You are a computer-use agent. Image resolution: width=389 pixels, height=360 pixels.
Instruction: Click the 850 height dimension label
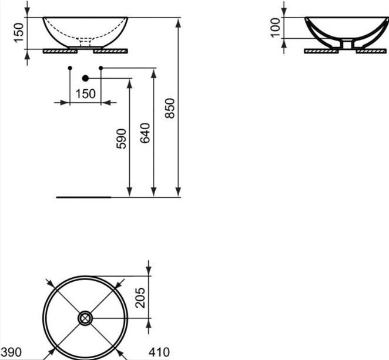pos(170,108)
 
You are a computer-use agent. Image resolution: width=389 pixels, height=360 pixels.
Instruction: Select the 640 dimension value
pos(146,133)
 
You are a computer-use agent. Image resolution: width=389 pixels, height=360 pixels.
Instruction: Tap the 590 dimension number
pos(121,139)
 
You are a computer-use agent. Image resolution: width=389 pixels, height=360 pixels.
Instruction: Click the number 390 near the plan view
pos(11,352)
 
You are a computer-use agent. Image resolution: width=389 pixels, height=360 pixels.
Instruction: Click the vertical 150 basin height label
pos(19,32)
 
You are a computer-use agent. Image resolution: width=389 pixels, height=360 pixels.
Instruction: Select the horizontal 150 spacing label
pos(85,93)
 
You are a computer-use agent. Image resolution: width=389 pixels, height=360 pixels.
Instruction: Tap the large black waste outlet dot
pos(85,78)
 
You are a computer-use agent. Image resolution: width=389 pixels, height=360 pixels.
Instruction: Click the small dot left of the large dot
pos(70,68)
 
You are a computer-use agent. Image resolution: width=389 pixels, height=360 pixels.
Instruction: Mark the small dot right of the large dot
pos(100,68)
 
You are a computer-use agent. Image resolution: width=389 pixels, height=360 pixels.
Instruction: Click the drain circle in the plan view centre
pos(85,319)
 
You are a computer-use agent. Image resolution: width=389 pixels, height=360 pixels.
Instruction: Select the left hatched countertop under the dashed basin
pos(60,51)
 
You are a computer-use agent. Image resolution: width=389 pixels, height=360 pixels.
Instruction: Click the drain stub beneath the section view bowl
pos(347,45)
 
